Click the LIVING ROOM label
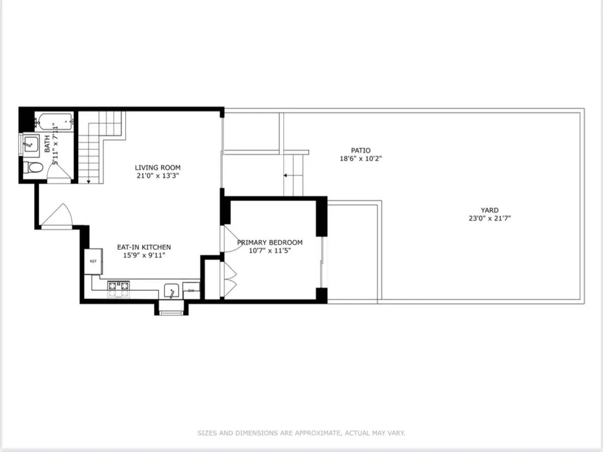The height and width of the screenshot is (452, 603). (158, 167)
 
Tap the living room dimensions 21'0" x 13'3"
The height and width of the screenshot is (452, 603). (158, 176)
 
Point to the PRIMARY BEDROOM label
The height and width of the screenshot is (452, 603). (270, 243)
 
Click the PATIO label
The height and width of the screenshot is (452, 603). (361, 150)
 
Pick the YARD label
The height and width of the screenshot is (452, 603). (489, 210)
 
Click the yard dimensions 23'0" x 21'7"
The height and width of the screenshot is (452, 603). (489, 218)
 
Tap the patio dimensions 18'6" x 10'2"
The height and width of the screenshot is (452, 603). (361, 159)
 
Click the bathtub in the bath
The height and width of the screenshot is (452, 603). (54, 122)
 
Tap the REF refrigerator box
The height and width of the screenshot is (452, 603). (94, 261)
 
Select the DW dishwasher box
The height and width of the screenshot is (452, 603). (191, 291)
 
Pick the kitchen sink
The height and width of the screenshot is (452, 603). (171, 291)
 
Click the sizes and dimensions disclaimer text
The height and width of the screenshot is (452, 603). (301, 433)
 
